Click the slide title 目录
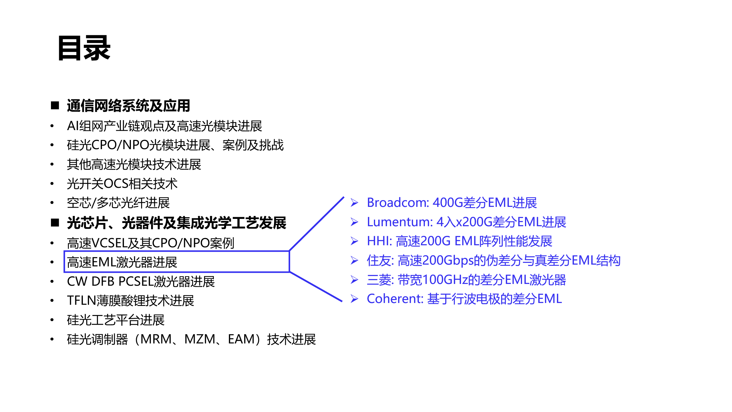coord(84,48)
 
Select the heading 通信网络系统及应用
coord(129,105)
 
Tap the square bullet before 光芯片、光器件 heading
coord(55,223)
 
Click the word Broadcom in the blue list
coord(398,202)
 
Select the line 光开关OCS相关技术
coord(122,184)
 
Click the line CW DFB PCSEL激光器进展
coord(141,281)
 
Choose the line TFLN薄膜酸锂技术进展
coord(130,301)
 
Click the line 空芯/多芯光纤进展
coord(118,203)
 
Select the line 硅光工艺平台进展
coord(116,320)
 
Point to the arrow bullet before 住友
coord(354,260)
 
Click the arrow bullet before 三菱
coord(354,280)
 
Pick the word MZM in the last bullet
coord(200,339)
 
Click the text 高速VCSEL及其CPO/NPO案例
coord(150,243)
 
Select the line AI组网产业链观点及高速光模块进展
coord(165,126)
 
